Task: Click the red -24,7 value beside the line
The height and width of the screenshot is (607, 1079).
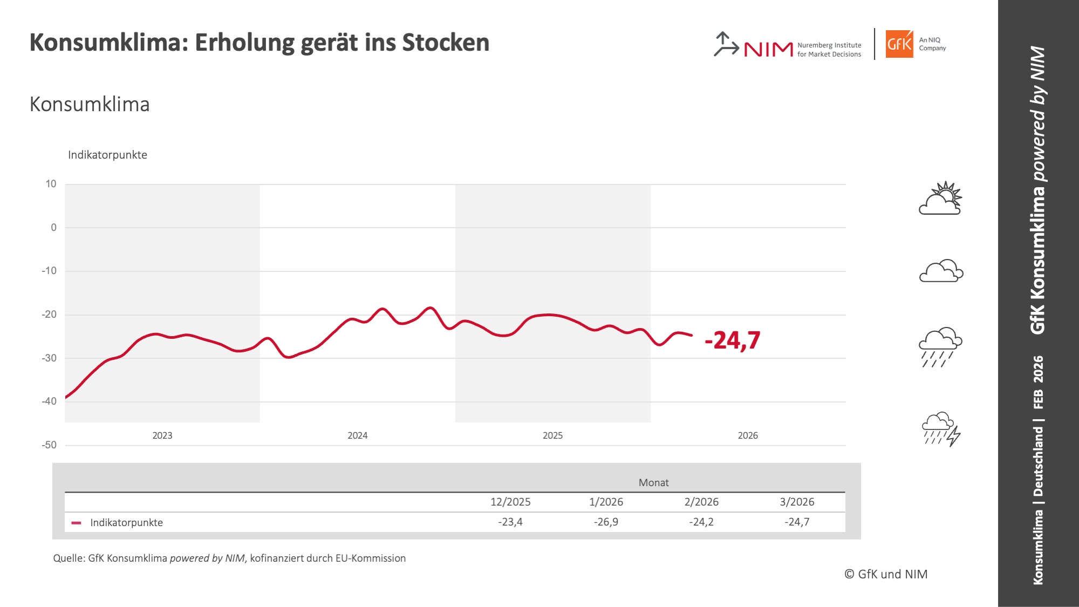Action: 732,340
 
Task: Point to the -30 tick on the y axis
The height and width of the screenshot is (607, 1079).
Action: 49,358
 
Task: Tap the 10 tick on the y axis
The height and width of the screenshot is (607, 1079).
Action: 51,184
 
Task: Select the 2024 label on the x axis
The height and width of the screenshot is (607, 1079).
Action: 357,435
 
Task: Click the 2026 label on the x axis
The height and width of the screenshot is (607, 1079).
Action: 747,435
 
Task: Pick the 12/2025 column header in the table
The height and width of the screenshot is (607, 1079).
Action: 510,502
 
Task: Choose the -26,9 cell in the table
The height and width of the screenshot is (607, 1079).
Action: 606,522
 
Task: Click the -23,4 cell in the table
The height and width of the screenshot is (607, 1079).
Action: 510,522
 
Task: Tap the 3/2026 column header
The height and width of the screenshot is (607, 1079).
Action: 797,502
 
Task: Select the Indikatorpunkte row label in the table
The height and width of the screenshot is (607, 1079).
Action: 126,522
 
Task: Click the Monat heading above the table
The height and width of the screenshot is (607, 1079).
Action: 653,482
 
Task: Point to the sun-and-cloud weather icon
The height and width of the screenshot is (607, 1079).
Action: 940,199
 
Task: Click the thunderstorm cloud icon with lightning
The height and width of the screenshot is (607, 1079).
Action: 941,429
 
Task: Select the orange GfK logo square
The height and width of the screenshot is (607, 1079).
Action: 899,44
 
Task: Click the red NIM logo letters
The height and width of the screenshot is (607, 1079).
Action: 768,50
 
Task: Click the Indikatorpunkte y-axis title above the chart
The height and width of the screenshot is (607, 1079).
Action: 107,155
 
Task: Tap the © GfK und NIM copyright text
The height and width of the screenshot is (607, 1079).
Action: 886,574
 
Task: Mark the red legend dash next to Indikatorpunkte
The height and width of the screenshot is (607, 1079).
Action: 76,523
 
